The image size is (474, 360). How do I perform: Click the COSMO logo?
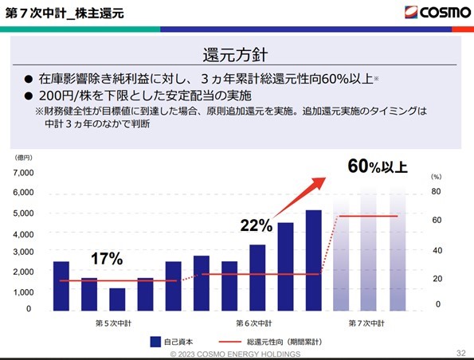[437, 13]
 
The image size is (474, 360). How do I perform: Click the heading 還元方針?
[235, 55]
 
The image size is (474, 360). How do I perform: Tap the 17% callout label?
[107, 259]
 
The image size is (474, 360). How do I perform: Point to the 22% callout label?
[257, 225]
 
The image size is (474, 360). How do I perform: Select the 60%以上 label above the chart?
[378, 166]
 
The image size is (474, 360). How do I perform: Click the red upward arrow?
[299, 198]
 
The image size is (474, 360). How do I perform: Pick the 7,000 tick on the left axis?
[23, 173]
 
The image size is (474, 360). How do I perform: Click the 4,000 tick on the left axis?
[23, 235]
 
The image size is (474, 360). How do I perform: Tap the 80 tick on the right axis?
[436, 191]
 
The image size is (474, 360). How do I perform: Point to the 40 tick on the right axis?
[437, 251]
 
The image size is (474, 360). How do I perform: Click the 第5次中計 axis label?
[113, 323]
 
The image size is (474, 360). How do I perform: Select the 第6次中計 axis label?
[254, 323]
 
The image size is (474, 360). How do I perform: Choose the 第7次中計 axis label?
[366, 323]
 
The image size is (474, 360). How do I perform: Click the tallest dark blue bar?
[314, 260]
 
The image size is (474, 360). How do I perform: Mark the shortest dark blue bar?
[117, 299]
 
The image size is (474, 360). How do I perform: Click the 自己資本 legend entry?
[171, 342]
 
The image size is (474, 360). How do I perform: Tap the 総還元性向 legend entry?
[270, 342]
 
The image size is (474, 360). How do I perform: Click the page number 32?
[461, 353]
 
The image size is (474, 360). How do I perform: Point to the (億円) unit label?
[23, 158]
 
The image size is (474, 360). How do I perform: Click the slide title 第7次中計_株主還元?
[65, 14]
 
